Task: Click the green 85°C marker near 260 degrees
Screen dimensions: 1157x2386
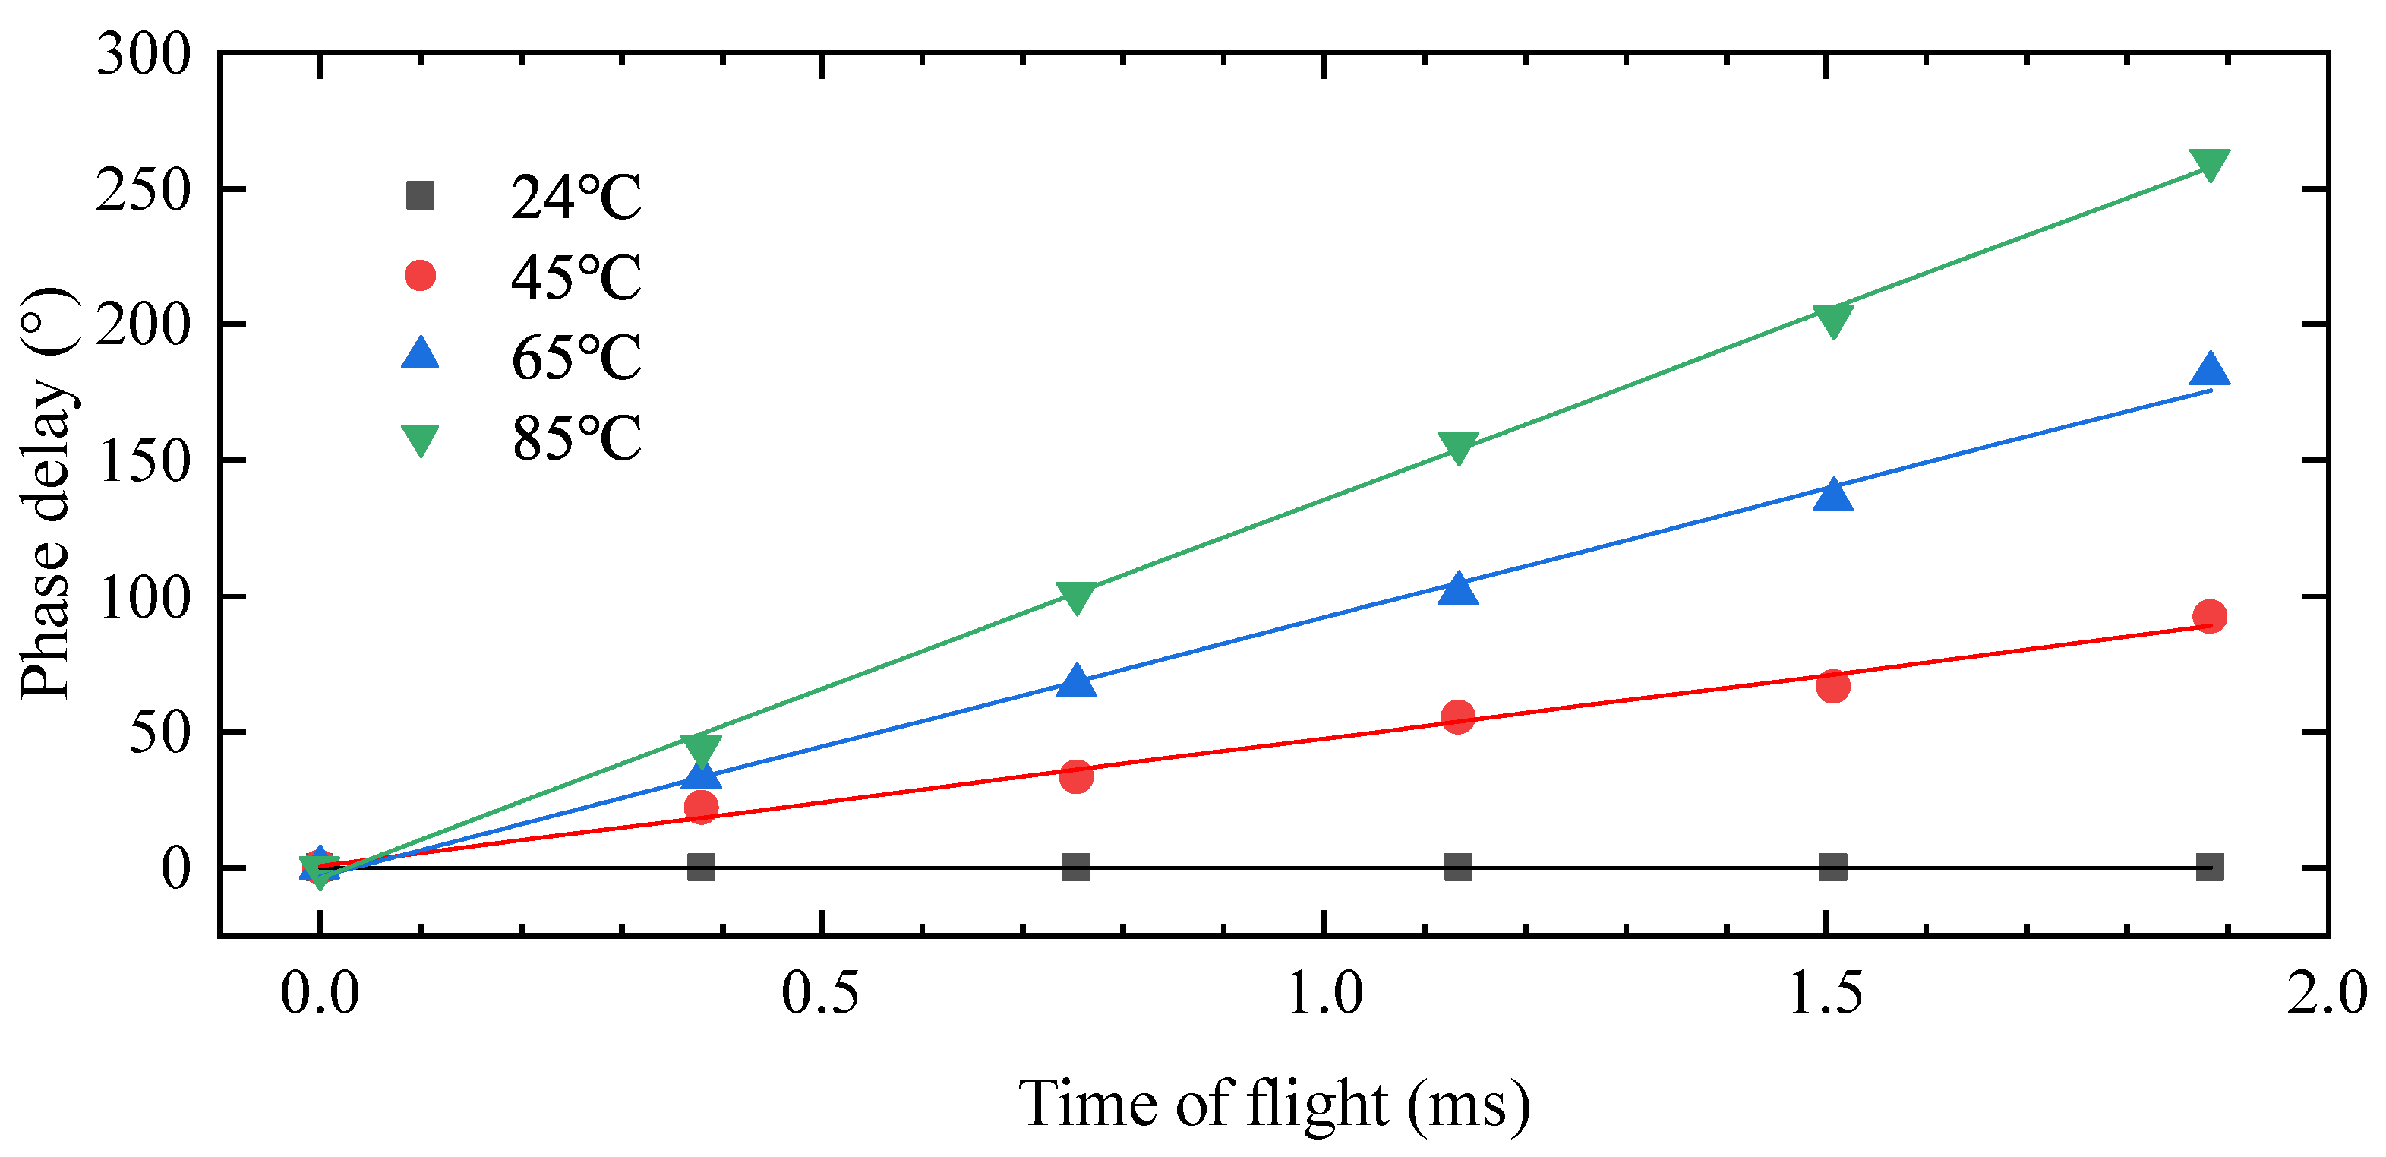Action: pos(2209,164)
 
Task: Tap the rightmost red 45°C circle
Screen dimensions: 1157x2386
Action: pos(2209,616)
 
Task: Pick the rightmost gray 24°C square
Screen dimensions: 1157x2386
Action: pos(2209,867)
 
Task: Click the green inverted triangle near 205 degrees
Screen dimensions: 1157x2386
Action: pos(1833,321)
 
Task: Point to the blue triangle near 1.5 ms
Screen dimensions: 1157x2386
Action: pos(1833,495)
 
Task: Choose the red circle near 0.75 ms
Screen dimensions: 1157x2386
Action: pos(1075,776)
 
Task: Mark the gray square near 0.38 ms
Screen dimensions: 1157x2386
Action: pos(701,867)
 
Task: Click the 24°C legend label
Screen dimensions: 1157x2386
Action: pos(575,197)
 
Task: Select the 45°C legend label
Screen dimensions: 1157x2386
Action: pos(575,277)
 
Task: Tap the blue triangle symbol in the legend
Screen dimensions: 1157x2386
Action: pos(421,354)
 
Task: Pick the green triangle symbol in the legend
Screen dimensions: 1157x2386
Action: pos(421,439)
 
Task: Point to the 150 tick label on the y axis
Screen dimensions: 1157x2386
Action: pos(144,461)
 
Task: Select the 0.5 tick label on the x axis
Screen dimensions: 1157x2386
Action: pos(821,994)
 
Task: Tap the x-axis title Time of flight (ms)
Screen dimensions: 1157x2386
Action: pos(1273,1103)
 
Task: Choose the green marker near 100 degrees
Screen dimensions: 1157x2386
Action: pos(1075,597)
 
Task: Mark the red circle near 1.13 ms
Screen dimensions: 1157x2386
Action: pos(1458,717)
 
